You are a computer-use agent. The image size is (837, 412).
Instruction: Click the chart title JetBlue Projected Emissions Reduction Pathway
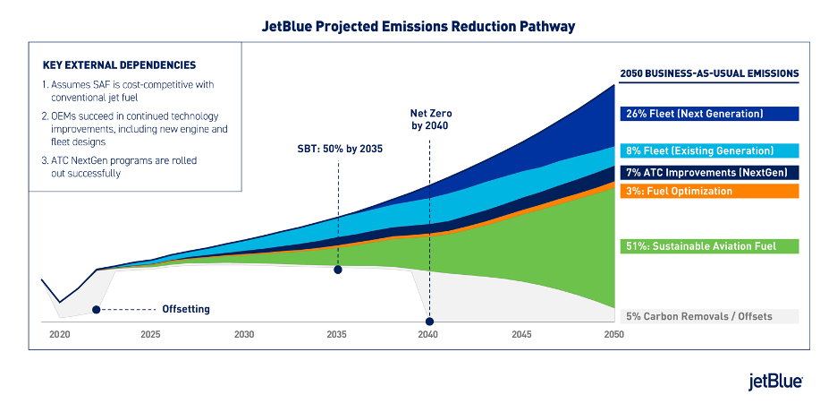pos(418,26)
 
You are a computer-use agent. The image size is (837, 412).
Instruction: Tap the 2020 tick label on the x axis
pos(59,334)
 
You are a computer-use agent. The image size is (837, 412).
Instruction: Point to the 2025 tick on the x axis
pos(150,334)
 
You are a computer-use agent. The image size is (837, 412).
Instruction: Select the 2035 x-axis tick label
pos(336,334)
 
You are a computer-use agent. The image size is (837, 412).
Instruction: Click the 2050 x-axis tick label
pos(613,334)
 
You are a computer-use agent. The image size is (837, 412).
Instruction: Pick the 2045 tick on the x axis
pos(521,334)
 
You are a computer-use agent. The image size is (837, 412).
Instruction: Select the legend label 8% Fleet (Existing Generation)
pos(697,150)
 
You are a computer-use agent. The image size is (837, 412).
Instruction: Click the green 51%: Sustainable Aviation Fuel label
pos(697,246)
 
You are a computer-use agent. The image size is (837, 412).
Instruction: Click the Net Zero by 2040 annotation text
pos(428,120)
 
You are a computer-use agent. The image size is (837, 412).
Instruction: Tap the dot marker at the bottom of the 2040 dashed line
pos(429,322)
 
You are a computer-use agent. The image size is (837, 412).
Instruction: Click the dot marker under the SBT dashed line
pos(338,269)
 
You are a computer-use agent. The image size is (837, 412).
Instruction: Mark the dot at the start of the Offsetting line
pos(96,310)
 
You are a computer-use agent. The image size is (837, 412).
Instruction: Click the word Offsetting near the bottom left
pos(186,310)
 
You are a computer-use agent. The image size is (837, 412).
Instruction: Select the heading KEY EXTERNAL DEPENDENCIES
pos(119,65)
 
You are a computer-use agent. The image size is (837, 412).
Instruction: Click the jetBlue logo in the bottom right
pos(774,381)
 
